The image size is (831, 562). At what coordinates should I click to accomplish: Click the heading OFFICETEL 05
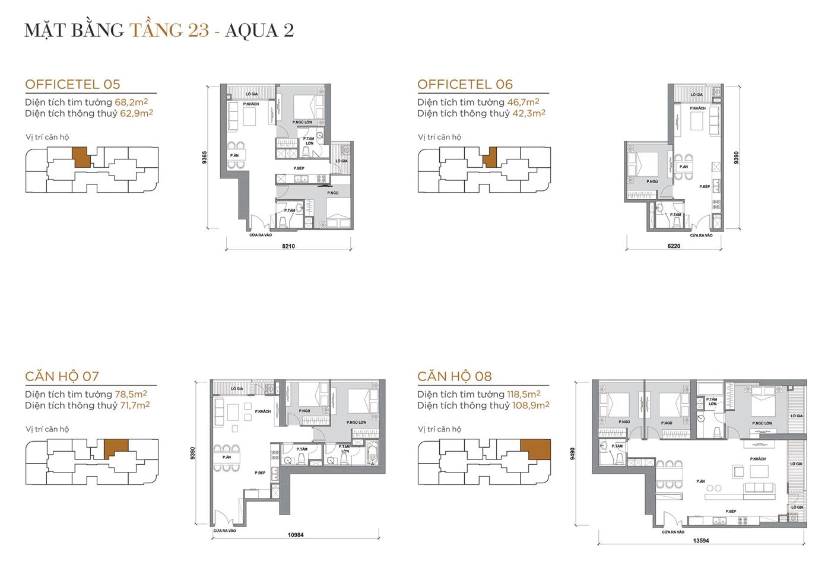[72, 84]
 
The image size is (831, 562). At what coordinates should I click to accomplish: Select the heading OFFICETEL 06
[465, 84]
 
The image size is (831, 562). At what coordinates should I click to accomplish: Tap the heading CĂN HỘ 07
[62, 376]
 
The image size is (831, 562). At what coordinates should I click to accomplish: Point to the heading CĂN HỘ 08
[454, 376]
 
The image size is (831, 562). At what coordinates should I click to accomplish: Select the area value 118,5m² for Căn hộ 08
[523, 394]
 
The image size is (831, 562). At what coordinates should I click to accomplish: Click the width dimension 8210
[288, 246]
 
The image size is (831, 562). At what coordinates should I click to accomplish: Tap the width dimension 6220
[674, 245]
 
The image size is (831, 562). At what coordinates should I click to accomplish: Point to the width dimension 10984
[296, 535]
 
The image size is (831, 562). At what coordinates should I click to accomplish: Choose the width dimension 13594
[701, 540]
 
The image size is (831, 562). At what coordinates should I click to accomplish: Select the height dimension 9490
[572, 453]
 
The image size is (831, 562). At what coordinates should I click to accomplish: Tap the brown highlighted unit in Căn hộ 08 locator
[535, 450]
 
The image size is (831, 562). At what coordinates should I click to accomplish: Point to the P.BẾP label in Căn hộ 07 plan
[260, 473]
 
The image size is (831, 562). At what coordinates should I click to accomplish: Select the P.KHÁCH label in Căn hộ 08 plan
[757, 459]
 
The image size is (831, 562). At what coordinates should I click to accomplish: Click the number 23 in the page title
[199, 30]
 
